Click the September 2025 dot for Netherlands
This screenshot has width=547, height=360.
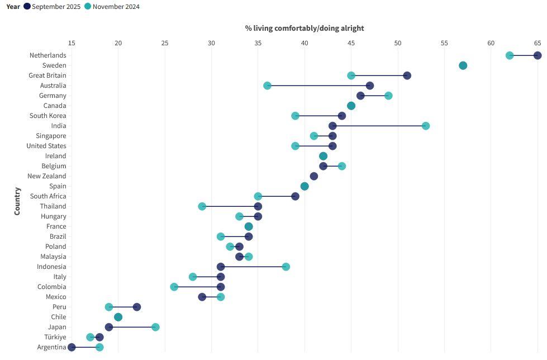[x=538, y=55]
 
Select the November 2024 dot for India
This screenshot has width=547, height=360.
[x=426, y=126]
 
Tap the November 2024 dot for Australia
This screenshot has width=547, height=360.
[x=267, y=86]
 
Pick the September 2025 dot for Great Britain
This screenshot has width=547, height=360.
[x=407, y=75]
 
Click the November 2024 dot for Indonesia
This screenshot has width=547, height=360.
[x=286, y=267]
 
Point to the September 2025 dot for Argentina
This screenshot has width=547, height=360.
[x=72, y=347]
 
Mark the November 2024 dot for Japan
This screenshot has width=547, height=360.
[x=155, y=327]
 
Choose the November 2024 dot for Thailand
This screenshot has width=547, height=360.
[x=202, y=206]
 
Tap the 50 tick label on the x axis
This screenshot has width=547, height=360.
[x=397, y=43]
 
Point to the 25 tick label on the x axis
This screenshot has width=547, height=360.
[x=165, y=43]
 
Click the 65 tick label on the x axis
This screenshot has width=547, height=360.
[x=538, y=43]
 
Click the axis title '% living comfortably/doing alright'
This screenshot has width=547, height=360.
[x=305, y=28]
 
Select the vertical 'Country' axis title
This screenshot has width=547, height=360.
[x=17, y=201]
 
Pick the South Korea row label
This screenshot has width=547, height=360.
[x=47, y=116]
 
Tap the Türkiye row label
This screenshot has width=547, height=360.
[x=55, y=337]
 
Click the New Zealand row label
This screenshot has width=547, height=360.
[x=46, y=176]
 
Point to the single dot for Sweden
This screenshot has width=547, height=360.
[x=463, y=65]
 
